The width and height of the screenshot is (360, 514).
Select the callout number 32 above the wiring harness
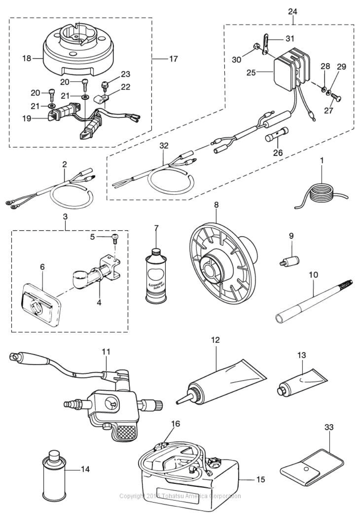tap(164, 146)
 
